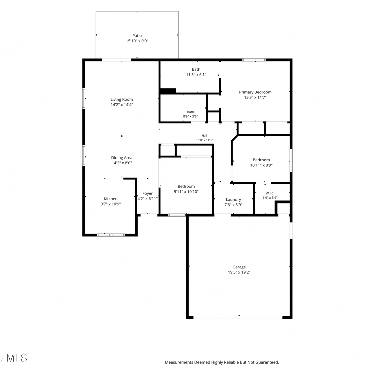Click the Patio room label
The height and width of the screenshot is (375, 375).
(137, 36)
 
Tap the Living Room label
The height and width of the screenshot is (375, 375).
(122, 99)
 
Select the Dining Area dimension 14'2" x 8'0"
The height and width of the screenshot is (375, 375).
(122, 163)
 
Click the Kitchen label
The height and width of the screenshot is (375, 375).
(110, 199)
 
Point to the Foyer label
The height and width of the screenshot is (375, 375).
(147, 193)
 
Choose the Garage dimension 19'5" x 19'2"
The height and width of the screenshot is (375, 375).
(239, 272)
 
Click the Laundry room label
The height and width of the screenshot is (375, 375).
(233, 199)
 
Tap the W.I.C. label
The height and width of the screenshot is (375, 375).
(270, 193)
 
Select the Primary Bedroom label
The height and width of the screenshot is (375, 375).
(255, 92)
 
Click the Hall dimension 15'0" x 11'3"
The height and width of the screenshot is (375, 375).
(204, 140)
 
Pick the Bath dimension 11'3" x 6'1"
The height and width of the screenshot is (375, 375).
(196, 74)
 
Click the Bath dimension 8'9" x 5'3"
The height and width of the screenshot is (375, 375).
(190, 116)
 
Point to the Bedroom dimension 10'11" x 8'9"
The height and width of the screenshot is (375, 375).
(261, 165)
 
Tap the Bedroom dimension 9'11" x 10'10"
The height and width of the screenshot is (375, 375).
(186, 191)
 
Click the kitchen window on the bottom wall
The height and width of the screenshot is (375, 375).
(111, 235)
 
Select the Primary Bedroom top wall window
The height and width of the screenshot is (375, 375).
(254, 60)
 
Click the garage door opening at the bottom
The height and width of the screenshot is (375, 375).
(238, 317)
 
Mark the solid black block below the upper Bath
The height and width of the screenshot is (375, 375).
(168, 91)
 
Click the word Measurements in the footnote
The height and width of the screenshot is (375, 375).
(179, 362)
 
